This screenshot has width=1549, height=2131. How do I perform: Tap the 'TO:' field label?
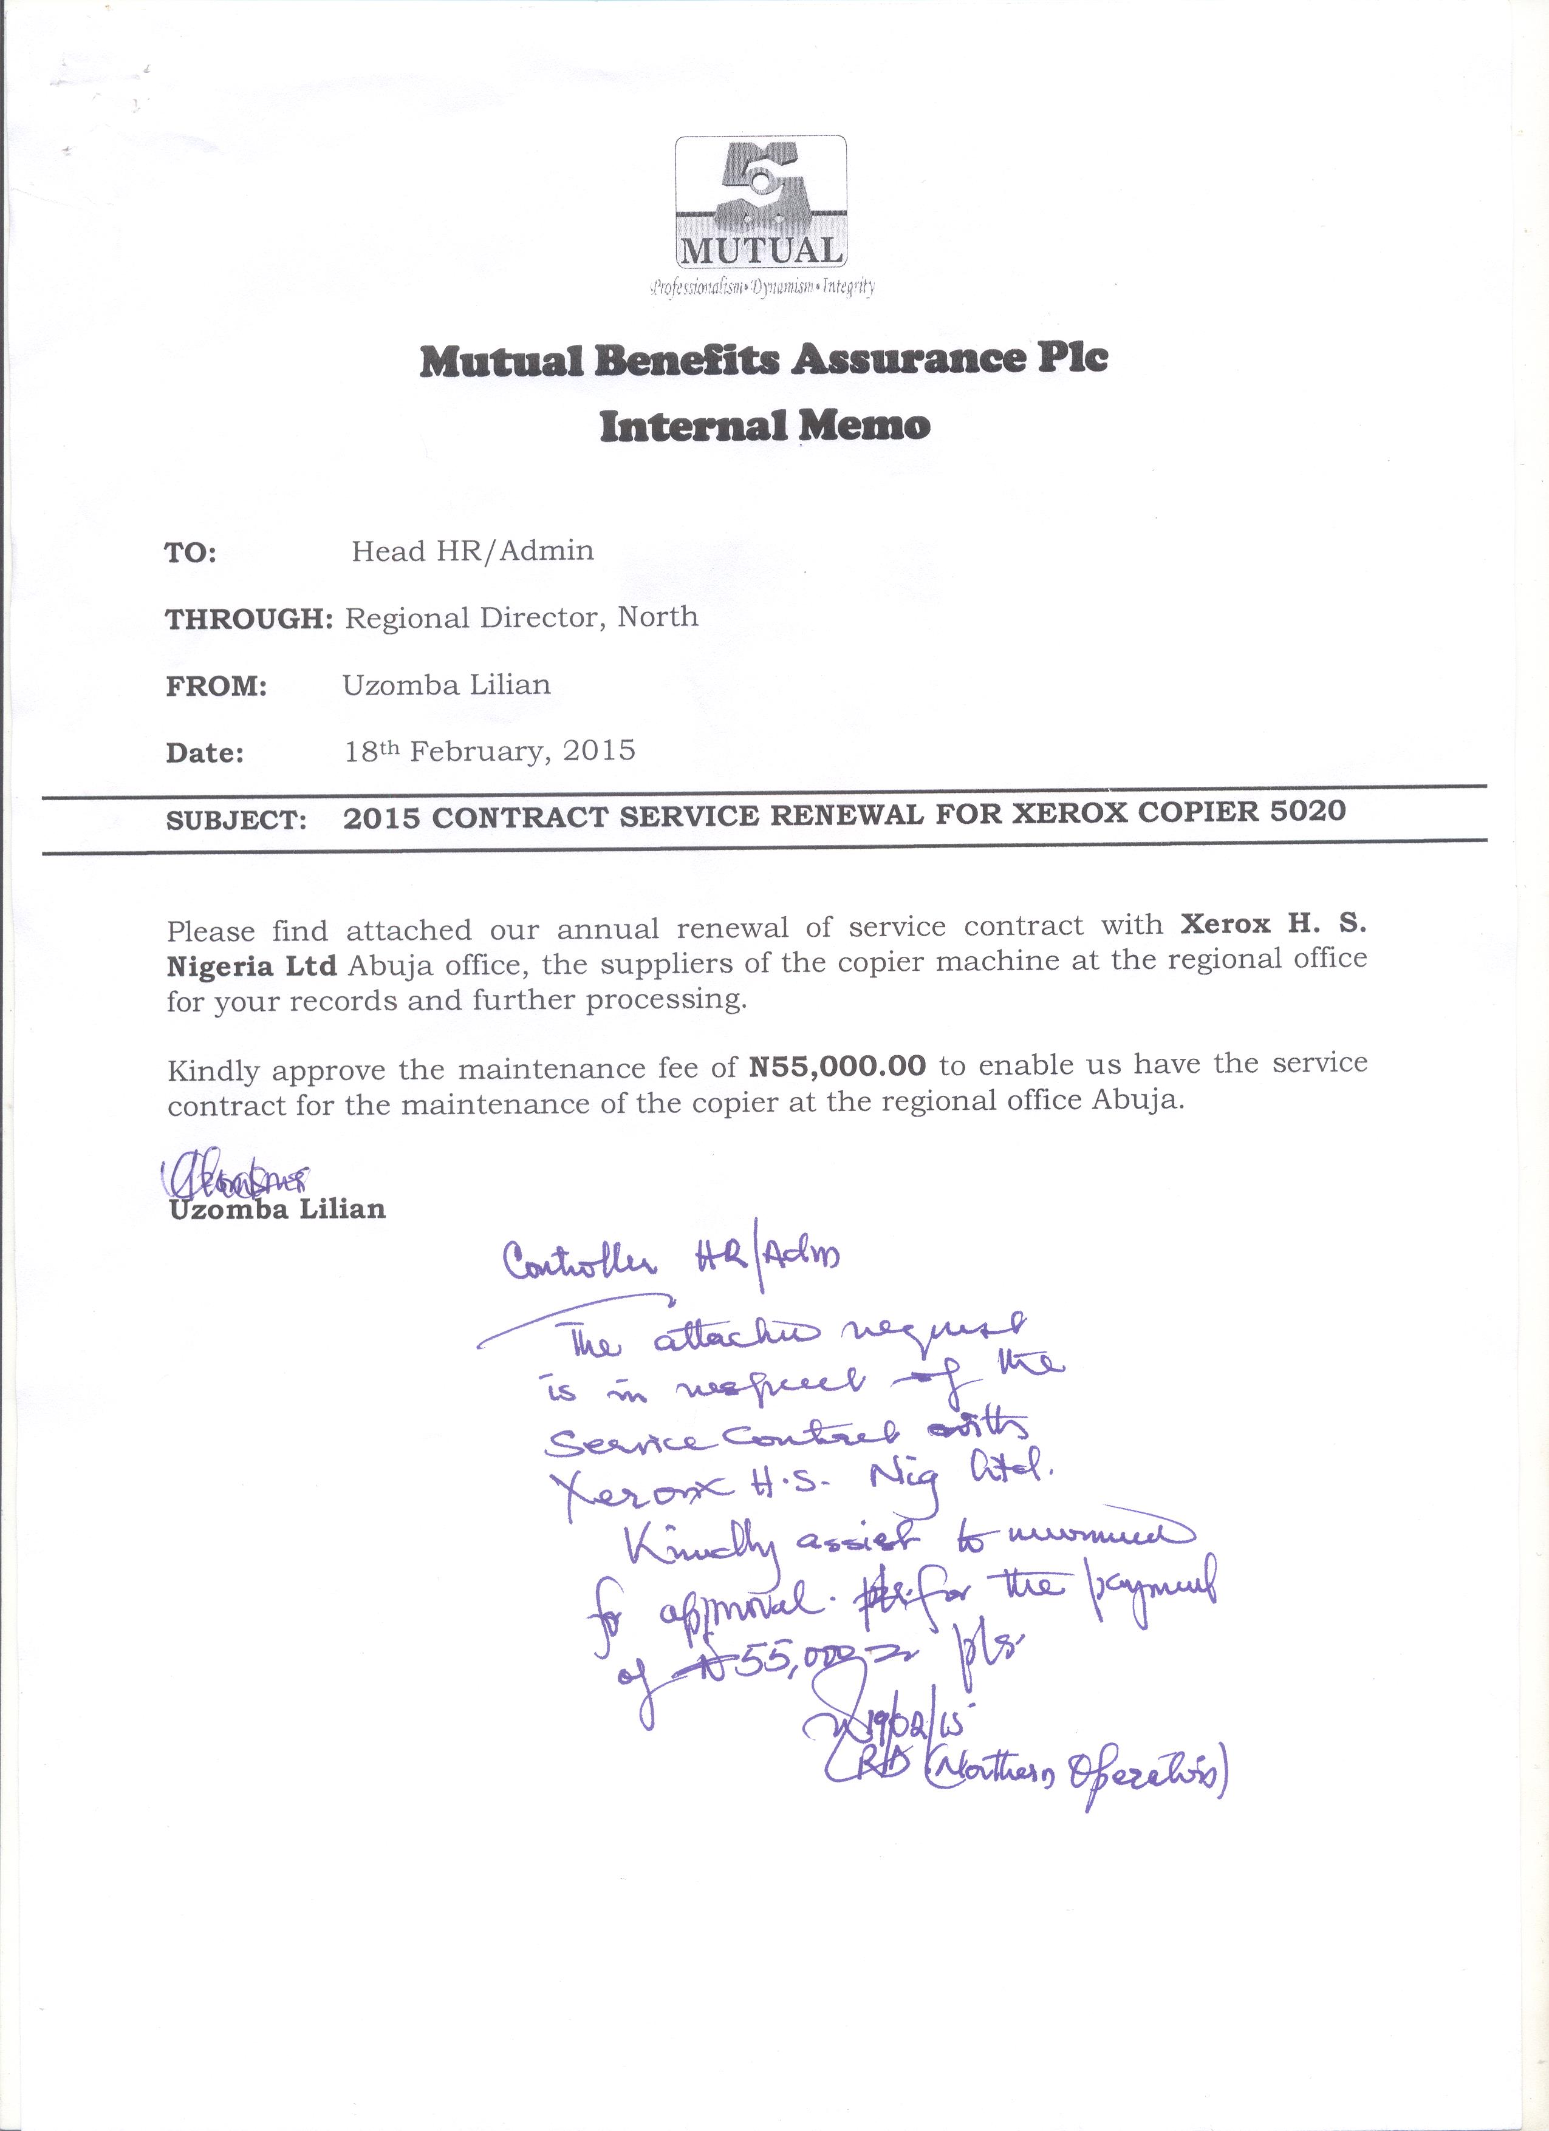[191, 554]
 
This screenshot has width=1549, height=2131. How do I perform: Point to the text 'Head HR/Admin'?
[472, 551]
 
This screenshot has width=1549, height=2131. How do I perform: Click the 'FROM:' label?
[217, 687]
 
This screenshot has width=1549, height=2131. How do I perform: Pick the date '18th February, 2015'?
[490, 751]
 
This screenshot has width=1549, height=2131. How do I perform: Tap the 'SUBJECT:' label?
[237, 820]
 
